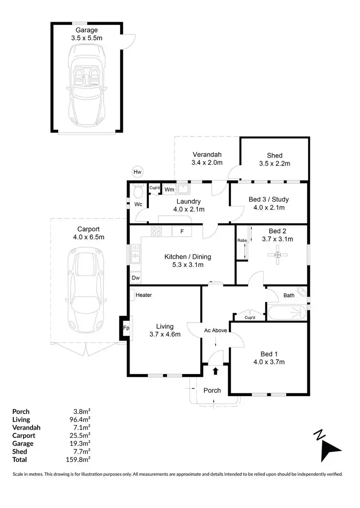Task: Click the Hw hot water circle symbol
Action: click(x=138, y=171)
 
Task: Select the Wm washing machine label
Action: click(x=169, y=190)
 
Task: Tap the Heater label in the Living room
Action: click(x=144, y=295)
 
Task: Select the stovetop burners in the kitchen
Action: click(x=156, y=231)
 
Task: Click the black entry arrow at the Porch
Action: click(x=216, y=371)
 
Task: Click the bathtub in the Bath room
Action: click(x=287, y=313)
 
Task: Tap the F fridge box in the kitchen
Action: click(x=182, y=231)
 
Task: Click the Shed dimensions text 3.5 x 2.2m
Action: click(x=275, y=163)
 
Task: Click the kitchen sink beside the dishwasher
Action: click(x=135, y=254)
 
